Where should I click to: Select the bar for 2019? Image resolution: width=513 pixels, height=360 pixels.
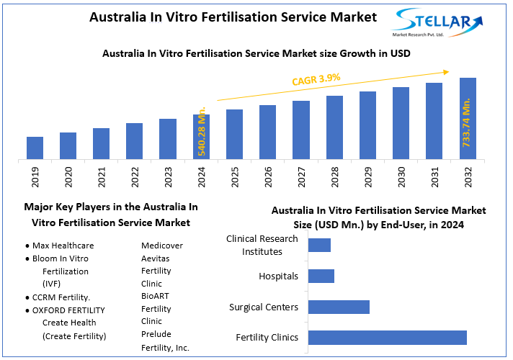point(35,148)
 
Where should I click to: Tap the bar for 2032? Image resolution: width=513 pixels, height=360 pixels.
point(468,118)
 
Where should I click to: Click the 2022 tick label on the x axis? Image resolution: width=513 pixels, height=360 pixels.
point(135,177)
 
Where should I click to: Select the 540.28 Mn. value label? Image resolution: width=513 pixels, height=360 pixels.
point(202,130)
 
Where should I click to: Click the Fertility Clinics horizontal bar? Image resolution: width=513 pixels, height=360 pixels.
point(387,338)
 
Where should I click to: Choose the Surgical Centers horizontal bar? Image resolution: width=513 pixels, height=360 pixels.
point(339,307)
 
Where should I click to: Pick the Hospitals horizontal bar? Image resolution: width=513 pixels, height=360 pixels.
point(321,276)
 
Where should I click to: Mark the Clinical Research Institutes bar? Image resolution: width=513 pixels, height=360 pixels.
point(319,246)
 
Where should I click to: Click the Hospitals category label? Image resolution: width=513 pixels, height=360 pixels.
point(278,276)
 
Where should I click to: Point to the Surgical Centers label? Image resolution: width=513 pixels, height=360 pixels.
point(264,307)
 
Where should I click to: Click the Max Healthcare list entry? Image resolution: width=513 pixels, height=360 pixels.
point(63,246)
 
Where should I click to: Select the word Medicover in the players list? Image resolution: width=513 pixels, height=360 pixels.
point(162,246)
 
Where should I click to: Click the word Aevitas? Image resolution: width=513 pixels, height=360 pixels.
point(156,258)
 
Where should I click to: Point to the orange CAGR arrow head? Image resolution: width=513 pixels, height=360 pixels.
point(446,71)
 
